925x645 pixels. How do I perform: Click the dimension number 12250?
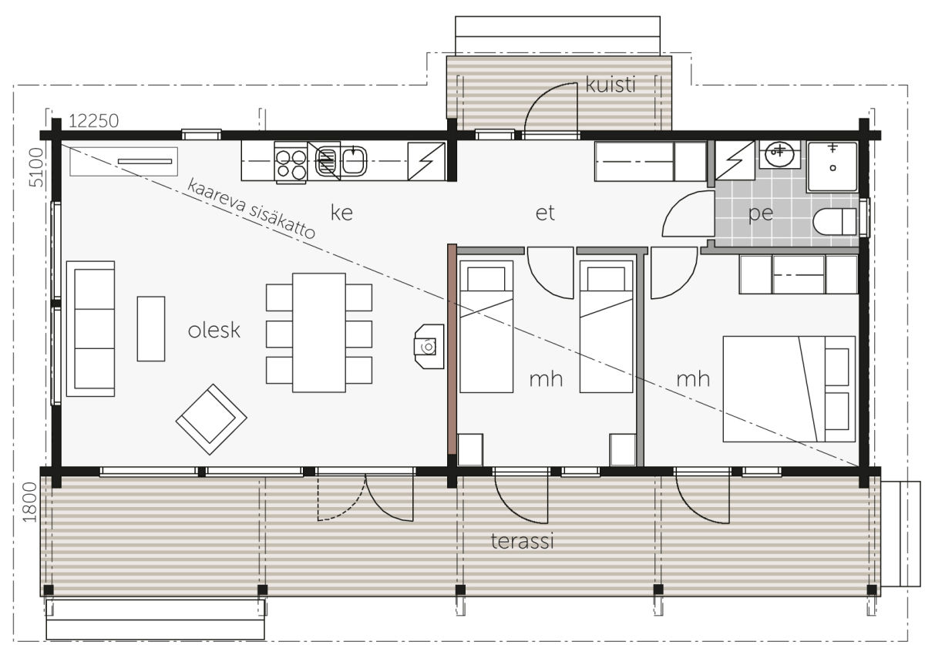[94, 121]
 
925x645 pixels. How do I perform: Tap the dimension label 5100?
[36, 167]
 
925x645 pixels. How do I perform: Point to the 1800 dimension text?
[30, 502]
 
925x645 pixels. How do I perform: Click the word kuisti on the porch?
[610, 85]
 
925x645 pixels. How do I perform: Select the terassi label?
[522, 541]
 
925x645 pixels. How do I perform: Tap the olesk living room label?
[214, 331]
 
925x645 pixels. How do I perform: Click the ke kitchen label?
[341, 213]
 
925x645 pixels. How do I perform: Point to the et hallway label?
[545, 213]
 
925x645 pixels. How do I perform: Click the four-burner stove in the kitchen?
[291, 163]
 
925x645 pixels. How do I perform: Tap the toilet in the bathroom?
[835, 222]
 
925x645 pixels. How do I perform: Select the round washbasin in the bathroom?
[779, 154]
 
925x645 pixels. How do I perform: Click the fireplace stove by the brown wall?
[429, 346]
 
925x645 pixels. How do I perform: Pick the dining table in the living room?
[319, 332]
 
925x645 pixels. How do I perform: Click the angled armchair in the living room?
[211, 419]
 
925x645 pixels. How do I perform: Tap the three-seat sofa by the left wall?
[90, 329]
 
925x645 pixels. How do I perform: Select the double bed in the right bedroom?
[789, 389]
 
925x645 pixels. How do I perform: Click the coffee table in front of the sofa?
[151, 329]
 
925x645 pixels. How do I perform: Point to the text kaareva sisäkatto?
[251, 209]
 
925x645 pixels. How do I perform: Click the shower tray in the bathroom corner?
[832, 166]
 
